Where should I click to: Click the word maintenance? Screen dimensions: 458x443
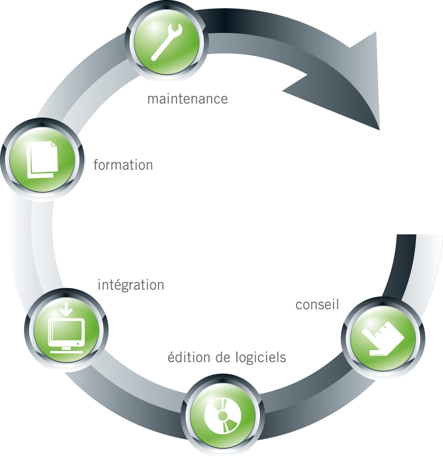point(187,99)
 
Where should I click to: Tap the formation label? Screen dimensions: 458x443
point(123,165)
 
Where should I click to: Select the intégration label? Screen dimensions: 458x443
point(131,285)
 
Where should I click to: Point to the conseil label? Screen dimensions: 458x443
point(317,304)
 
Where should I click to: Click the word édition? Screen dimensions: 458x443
point(189,358)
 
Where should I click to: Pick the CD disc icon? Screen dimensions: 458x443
point(222,416)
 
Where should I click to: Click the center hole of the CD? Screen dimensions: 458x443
point(222,415)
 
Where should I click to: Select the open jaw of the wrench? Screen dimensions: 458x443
point(176,28)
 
